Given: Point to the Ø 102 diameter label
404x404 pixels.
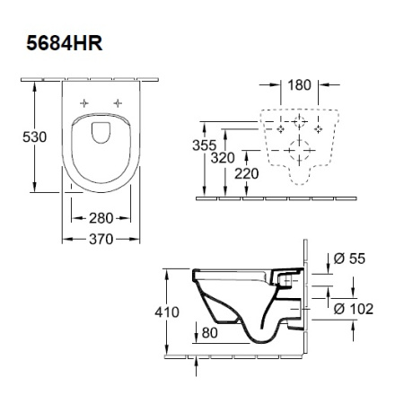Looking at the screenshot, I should tap(353, 310).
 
